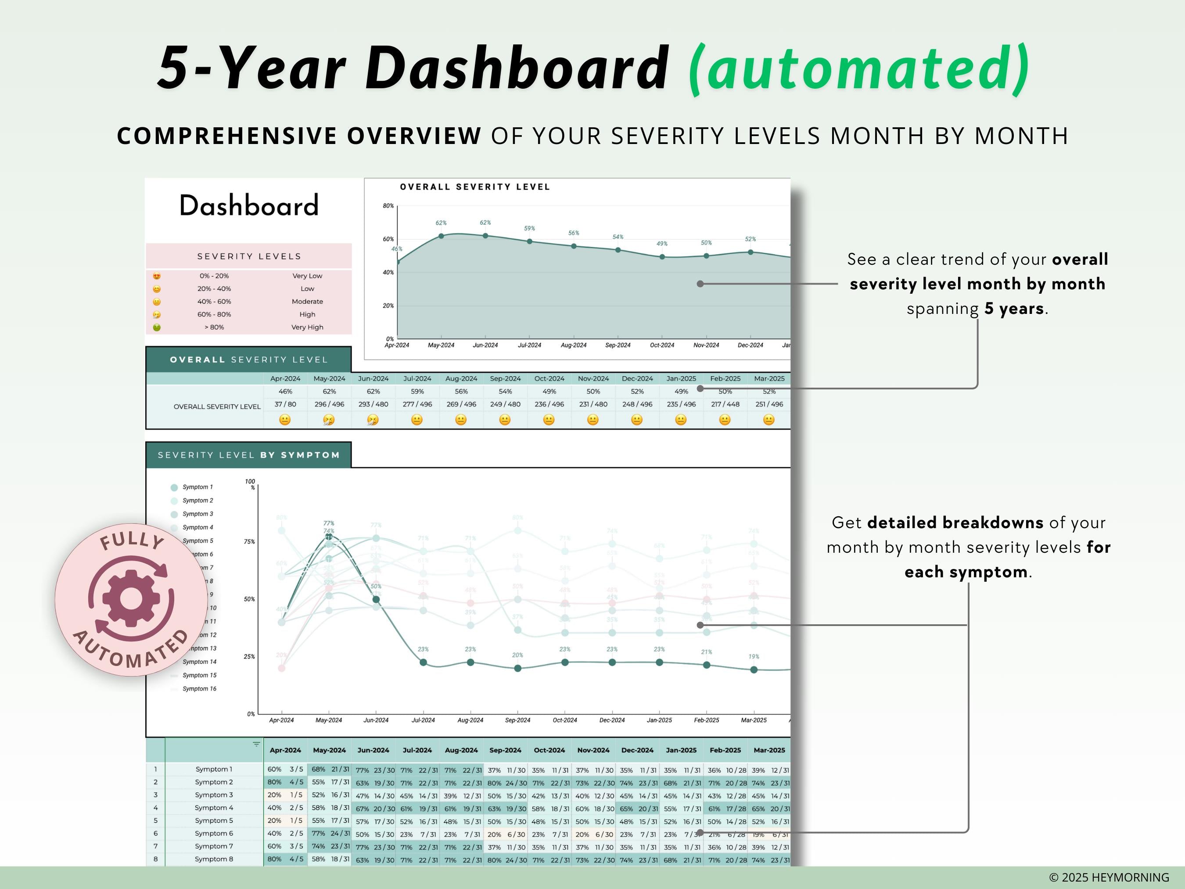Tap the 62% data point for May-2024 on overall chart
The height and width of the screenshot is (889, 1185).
(441, 236)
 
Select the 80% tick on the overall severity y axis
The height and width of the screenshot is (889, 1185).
(388, 206)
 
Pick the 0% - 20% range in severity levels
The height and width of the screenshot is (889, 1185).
(214, 276)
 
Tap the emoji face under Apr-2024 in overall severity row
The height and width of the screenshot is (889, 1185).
(285, 420)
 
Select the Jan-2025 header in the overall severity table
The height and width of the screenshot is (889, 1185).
(681, 378)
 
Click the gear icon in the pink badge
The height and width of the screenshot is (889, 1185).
(131, 598)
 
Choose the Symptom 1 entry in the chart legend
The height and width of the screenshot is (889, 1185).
(197, 487)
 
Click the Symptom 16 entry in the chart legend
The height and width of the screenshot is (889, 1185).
(199, 689)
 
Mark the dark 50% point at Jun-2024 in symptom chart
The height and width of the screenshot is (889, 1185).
(376, 600)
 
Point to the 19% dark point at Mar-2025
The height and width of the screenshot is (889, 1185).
(754, 670)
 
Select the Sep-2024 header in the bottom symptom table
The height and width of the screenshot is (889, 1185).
(505, 750)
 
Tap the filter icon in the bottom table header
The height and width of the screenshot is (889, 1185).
(256, 744)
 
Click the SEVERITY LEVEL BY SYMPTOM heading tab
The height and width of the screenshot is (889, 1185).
(248, 455)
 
